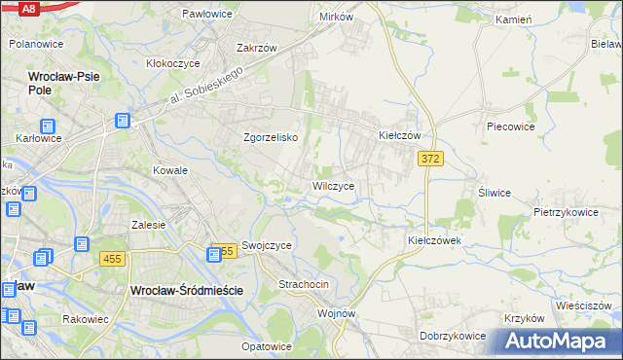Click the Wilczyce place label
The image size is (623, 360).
pyautogui.click(x=339, y=185)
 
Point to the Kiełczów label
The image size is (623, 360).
pyautogui.click(x=398, y=136)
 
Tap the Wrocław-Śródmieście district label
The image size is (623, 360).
pyautogui.click(x=186, y=290)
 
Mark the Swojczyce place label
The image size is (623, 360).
pyautogui.click(x=267, y=246)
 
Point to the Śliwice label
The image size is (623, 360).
pyautogui.click(x=494, y=193)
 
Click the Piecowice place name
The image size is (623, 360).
pyautogui.click(x=511, y=126)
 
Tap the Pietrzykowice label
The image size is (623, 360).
pyautogui.click(x=565, y=211)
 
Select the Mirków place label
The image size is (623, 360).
pyautogui.click(x=336, y=18)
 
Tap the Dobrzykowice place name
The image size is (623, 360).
pyautogui.click(x=453, y=336)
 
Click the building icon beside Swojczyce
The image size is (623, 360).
pyautogui.click(x=215, y=254)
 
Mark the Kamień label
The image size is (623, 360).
pyautogui.click(x=511, y=19)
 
